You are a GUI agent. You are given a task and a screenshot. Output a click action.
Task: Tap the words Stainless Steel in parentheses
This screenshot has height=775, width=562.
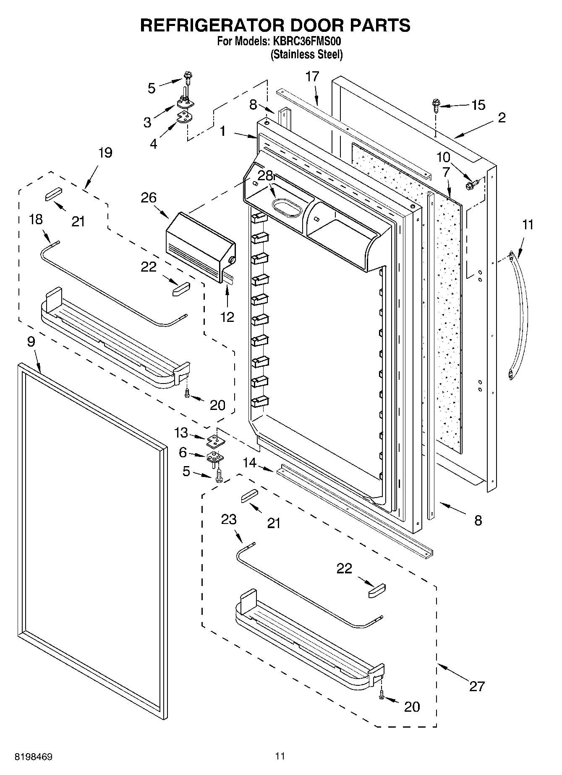306,54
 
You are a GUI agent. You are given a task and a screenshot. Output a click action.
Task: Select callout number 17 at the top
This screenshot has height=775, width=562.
312,77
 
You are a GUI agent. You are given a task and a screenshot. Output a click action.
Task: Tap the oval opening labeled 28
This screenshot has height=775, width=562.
287,208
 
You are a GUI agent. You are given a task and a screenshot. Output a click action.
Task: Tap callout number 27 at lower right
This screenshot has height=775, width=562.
477,686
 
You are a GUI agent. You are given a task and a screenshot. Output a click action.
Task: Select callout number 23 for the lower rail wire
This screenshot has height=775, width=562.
229,519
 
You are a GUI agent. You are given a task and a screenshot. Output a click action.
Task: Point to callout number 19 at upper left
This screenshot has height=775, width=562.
105,153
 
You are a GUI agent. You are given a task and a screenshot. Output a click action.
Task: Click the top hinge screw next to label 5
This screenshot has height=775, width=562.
187,77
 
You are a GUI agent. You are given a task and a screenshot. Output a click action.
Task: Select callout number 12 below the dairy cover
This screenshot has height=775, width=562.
227,317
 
